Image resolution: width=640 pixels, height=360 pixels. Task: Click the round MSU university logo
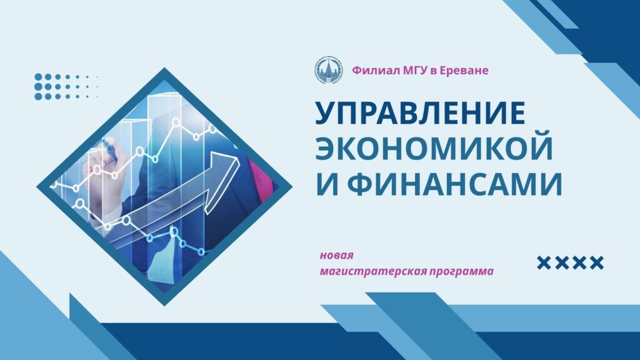click(329, 71)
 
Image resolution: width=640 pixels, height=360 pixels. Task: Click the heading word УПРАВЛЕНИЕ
click(420, 112)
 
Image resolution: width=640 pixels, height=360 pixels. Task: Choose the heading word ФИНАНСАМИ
click(455, 184)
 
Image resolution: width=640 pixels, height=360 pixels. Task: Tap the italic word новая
click(336, 256)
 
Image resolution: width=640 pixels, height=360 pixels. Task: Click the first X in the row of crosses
click(544, 263)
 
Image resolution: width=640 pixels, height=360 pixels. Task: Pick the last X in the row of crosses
click(596, 263)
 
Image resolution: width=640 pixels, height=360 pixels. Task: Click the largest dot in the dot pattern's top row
click(39, 77)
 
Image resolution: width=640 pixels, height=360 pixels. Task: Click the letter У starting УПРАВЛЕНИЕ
click(327, 114)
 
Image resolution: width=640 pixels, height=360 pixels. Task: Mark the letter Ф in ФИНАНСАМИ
click(363, 184)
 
